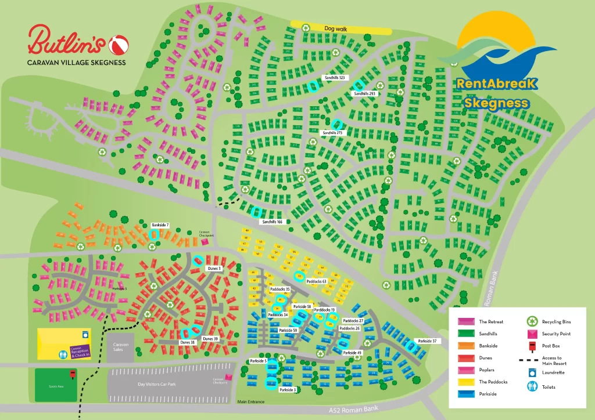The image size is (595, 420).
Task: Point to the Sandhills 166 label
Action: pos(271,222)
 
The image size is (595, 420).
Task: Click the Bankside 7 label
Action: pos(160,225)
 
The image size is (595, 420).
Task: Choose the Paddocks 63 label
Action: pos(317,281)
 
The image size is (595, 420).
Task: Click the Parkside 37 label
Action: pos(426,341)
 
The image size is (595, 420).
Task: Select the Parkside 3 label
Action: pos(288,390)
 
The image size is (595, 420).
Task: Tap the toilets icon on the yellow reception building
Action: pos(62,353)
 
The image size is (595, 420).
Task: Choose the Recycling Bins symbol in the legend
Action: pos(532,321)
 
